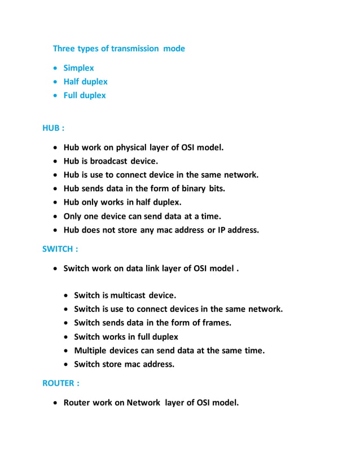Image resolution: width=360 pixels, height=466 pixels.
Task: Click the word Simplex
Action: [x=78, y=68]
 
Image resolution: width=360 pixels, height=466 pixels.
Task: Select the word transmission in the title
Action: [x=136, y=49]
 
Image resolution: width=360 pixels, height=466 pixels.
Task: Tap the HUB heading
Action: [x=53, y=128]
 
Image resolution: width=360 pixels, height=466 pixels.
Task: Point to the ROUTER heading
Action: [x=60, y=383]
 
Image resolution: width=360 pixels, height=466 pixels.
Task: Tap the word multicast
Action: [x=128, y=295]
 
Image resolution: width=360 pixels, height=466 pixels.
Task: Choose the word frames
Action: [x=217, y=323]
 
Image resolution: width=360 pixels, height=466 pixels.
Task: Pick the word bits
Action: [x=217, y=188]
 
